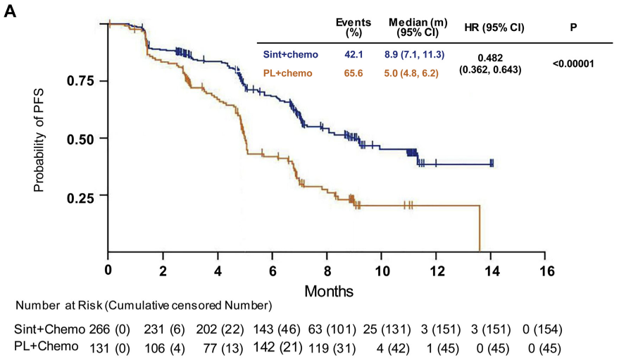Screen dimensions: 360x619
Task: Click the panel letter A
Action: (11, 13)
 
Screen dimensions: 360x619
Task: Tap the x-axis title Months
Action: (329, 290)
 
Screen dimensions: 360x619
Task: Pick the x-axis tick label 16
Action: (546, 271)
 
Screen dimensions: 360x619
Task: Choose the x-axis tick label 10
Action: (382, 271)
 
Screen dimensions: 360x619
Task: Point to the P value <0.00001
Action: (573, 63)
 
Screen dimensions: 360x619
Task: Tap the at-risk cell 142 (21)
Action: (280, 346)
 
